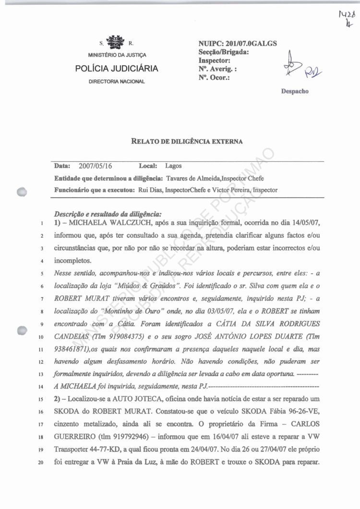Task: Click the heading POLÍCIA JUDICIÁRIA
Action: tap(117, 69)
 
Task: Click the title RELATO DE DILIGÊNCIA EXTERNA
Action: tap(187, 141)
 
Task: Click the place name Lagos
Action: tap(173, 166)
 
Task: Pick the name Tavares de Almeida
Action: tap(190, 178)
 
